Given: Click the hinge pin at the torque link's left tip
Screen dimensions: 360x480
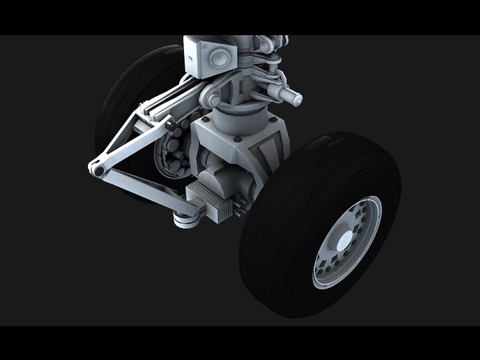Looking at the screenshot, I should pyautogui.click(x=96, y=169).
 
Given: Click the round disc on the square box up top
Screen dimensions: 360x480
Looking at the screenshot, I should pyautogui.click(x=218, y=56).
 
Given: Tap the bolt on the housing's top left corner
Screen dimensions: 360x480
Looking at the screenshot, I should pyautogui.click(x=206, y=119).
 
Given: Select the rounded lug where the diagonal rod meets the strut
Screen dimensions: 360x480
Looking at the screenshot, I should pyautogui.click(x=210, y=98).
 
